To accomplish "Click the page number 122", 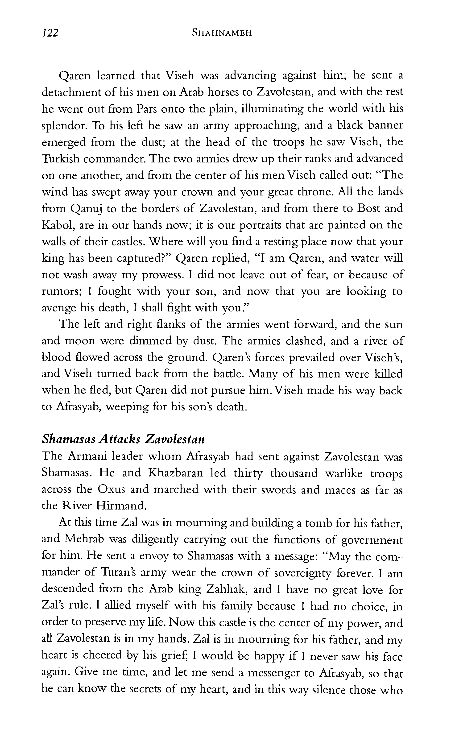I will [x=50, y=33].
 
